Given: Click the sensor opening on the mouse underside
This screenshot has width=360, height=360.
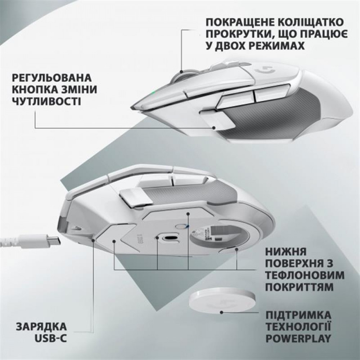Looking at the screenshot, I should tap(168, 238).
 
